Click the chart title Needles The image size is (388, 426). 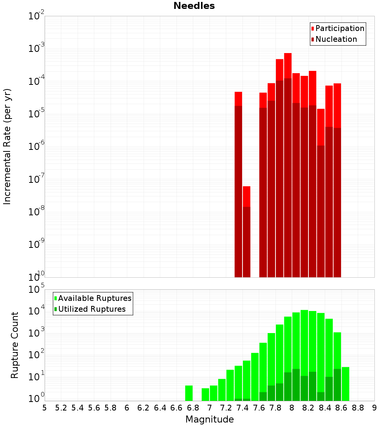tap(194, 6)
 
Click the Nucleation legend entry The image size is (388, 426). tap(336, 39)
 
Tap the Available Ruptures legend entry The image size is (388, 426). tap(94, 298)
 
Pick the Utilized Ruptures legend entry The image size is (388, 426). tap(92, 309)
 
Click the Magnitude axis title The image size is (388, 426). tap(210, 419)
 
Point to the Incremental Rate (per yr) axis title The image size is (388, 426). tap(7, 146)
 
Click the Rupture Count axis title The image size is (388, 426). tap(15, 345)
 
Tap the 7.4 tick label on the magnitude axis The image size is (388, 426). tap(242, 408)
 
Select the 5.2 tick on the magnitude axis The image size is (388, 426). tap(61, 408)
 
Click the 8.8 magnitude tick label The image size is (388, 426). tap(358, 408)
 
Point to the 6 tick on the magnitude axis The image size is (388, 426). tap(127, 408)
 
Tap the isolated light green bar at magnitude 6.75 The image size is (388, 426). tap(189, 393)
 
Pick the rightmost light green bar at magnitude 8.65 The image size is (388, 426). tap(345, 384)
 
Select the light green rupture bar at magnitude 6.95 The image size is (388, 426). tap(205, 394)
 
